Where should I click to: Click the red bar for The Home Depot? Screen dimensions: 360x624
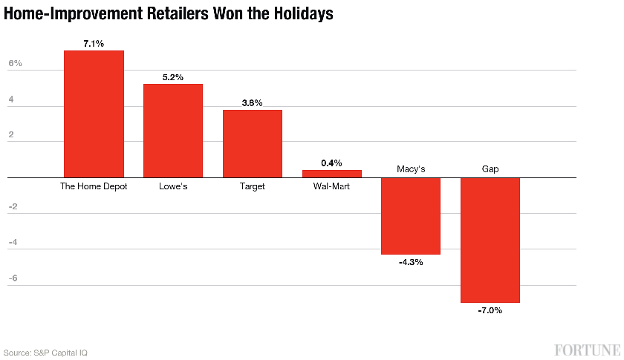click(x=94, y=114)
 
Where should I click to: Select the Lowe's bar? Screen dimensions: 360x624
click(x=173, y=131)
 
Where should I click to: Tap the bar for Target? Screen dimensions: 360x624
click(x=253, y=143)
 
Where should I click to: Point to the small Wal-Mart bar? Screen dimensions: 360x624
click(x=331, y=174)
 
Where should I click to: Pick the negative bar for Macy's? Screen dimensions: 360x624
click(x=411, y=215)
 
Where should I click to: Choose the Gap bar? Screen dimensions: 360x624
click(x=490, y=240)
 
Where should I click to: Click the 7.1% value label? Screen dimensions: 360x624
click(x=94, y=44)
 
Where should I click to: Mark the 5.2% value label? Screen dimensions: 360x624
click(x=173, y=77)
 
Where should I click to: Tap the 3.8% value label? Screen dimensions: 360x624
click(x=253, y=103)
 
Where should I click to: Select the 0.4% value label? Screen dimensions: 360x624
click(x=331, y=163)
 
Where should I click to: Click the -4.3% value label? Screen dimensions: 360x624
click(x=411, y=262)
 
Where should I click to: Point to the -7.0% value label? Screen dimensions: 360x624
click(x=490, y=310)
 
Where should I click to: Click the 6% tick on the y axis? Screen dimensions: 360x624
click(x=16, y=64)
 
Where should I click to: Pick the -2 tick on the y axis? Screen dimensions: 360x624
click(x=13, y=206)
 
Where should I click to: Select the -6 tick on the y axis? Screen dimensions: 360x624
click(x=13, y=278)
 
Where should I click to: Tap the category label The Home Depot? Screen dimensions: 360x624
click(x=94, y=186)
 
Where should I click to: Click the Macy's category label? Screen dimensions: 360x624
click(x=411, y=169)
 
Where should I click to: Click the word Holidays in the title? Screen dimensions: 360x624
click(x=299, y=13)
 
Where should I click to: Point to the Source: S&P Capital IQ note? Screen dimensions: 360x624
click(x=45, y=353)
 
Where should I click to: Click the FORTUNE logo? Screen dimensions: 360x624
click(x=587, y=349)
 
